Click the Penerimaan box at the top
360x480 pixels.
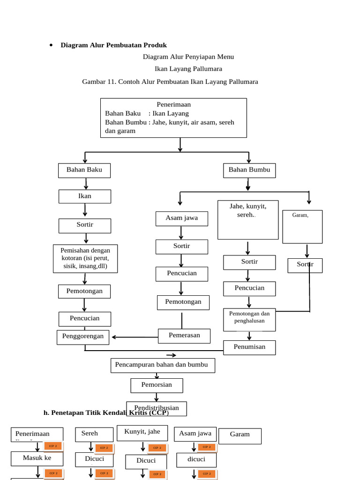tap(173, 118)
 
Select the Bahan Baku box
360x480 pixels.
tap(84, 170)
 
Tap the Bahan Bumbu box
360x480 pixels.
tap(249, 170)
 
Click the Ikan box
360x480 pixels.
tap(85, 196)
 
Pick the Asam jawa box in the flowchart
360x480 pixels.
tap(182, 218)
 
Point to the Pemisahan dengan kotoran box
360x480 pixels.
tap(85, 258)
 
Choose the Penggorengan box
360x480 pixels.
tap(83, 337)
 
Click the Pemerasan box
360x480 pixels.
tap(184, 336)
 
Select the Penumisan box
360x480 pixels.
tap(249, 347)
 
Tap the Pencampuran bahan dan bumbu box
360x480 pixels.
tap(163, 365)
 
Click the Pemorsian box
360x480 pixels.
tap(157, 385)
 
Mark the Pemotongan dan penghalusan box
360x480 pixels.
tap(249, 319)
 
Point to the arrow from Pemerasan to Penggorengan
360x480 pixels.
tap(134, 337)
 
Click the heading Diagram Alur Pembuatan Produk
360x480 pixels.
tap(114, 45)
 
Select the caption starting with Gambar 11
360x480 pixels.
tap(170, 82)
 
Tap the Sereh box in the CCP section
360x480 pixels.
tap(94, 434)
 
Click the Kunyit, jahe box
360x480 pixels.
tap(142, 432)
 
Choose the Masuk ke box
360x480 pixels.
tap(37, 458)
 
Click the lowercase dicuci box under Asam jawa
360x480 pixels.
tap(196, 460)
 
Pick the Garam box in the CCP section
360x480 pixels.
tap(240, 436)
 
